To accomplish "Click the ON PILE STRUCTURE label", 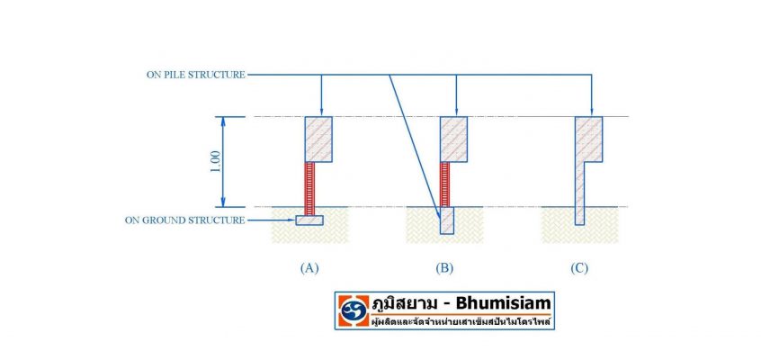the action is click(195, 75).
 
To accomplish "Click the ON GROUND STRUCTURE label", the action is click(185, 220).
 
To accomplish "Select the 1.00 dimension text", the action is click(216, 162).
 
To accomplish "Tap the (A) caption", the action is click(309, 267).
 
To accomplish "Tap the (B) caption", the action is click(444, 267).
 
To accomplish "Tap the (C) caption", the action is click(579, 267).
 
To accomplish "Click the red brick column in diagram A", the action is click(309, 188).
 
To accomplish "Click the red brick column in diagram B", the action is click(444, 184).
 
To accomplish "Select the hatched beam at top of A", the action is click(318, 139).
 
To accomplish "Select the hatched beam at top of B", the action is click(453, 139).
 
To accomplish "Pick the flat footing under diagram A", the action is click(309, 220).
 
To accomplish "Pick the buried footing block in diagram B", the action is click(446, 220).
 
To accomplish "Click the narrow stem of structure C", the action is click(579, 193).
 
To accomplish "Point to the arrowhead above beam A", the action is click(321, 112).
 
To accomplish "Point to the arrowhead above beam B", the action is click(456, 112).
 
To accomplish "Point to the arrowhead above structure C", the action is click(591, 112).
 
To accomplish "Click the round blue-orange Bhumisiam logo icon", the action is click(354, 310).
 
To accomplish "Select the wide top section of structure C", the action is click(588, 139).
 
